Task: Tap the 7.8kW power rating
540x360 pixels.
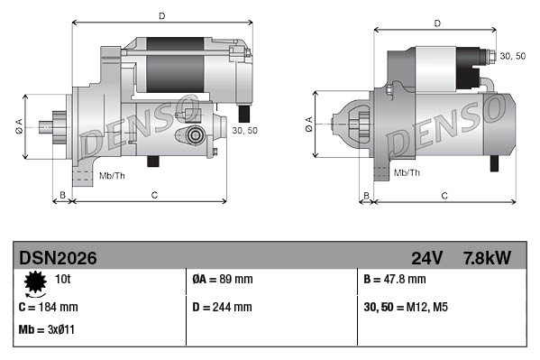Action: [488, 258]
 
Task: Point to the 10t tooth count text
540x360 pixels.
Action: [64, 280]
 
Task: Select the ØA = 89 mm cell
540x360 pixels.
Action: [223, 280]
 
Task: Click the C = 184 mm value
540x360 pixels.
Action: [48, 307]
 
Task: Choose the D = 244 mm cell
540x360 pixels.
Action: [223, 307]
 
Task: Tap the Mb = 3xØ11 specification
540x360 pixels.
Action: [47, 329]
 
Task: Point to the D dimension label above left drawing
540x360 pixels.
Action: [161, 15]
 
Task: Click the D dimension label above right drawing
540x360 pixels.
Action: [436, 23]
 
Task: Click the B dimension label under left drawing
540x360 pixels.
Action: [62, 194]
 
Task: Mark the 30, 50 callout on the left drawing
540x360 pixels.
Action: [244, 130]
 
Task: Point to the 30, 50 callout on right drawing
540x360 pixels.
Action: [513, 56]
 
